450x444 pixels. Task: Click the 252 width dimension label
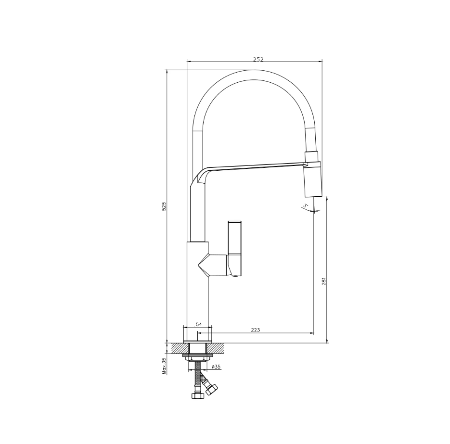point(258,59)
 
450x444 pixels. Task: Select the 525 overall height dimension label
point(164,206)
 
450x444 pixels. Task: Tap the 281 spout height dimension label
point(324,281)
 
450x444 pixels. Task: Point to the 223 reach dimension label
point(256,330)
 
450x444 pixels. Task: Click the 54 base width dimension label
point(199,324)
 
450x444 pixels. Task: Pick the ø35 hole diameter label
point(216,367)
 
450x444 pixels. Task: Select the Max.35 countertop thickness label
point(164,366)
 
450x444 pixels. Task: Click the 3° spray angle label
point(305,205)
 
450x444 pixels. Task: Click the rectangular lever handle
point(234,248)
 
